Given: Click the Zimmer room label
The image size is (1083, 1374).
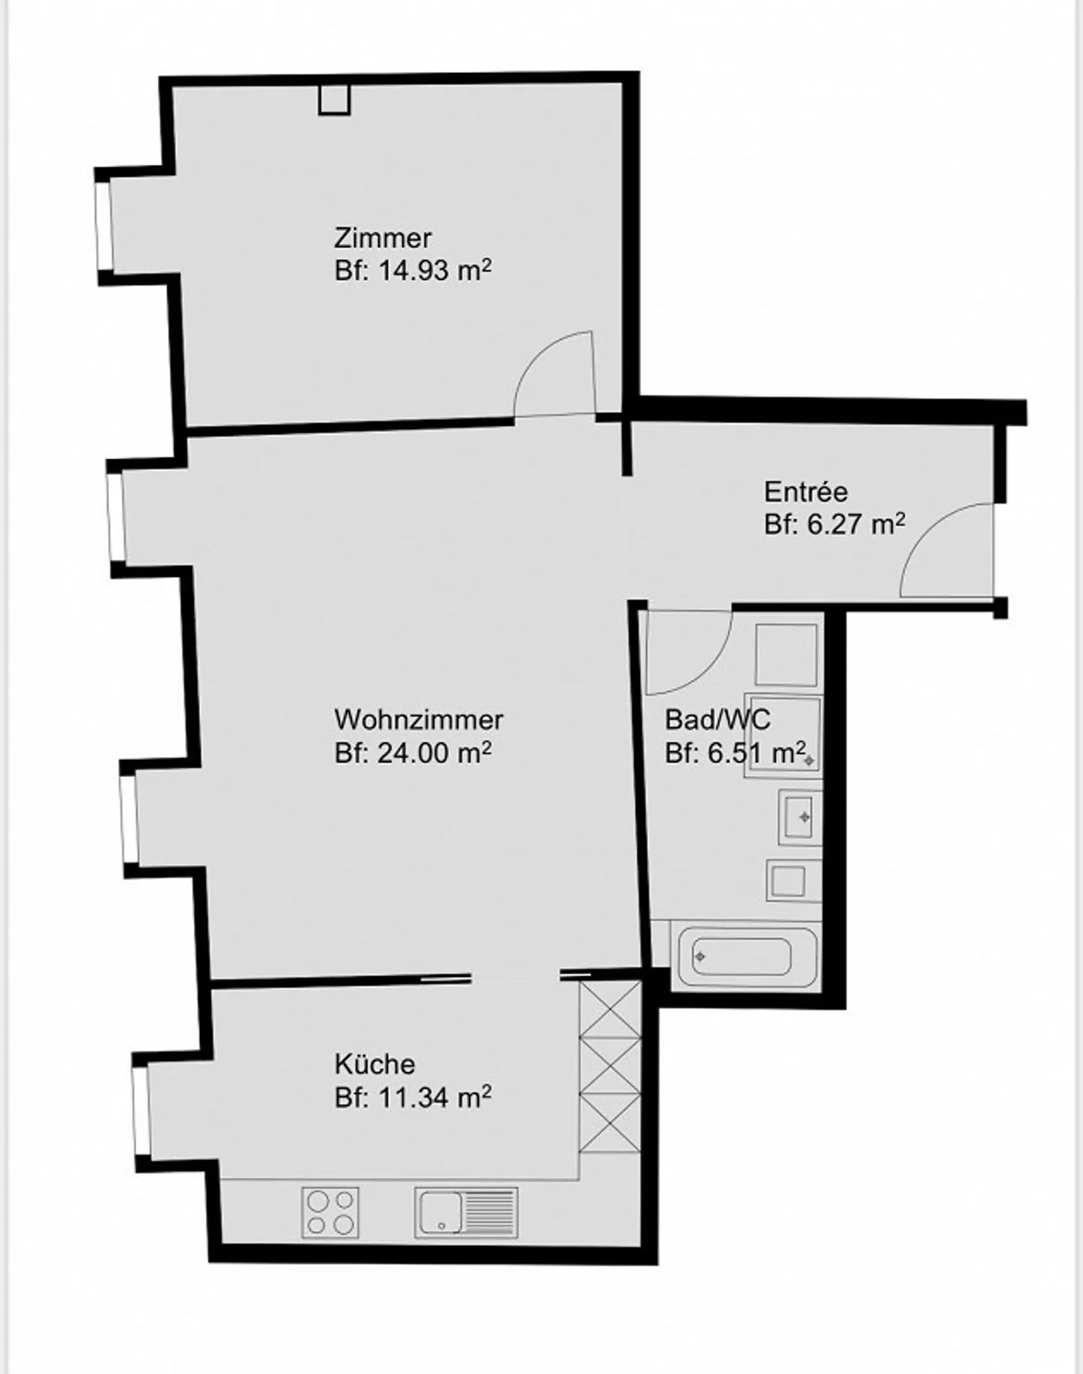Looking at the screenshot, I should [x=382, y=239].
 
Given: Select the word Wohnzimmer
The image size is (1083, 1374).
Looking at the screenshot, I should [x=418, y=719].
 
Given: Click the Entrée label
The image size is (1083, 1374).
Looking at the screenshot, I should [x=805, y=492].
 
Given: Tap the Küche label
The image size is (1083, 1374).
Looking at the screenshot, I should [x=375, y=1064].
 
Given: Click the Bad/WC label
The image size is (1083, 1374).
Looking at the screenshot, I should [x=717, y=720].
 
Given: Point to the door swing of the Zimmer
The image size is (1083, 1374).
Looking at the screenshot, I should [x=555, y=373].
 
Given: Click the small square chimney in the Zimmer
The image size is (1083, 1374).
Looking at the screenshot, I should [x=334, y=99].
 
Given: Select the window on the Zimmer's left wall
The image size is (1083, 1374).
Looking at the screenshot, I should [x=103, y=224].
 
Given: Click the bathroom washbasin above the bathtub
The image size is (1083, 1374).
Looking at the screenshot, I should [x=799, y=817].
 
